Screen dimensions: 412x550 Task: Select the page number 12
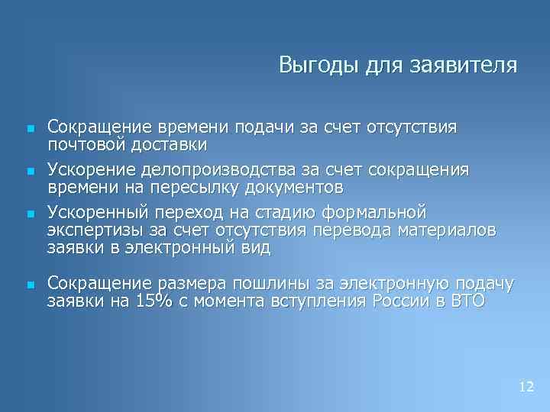[x=526, y=387]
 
